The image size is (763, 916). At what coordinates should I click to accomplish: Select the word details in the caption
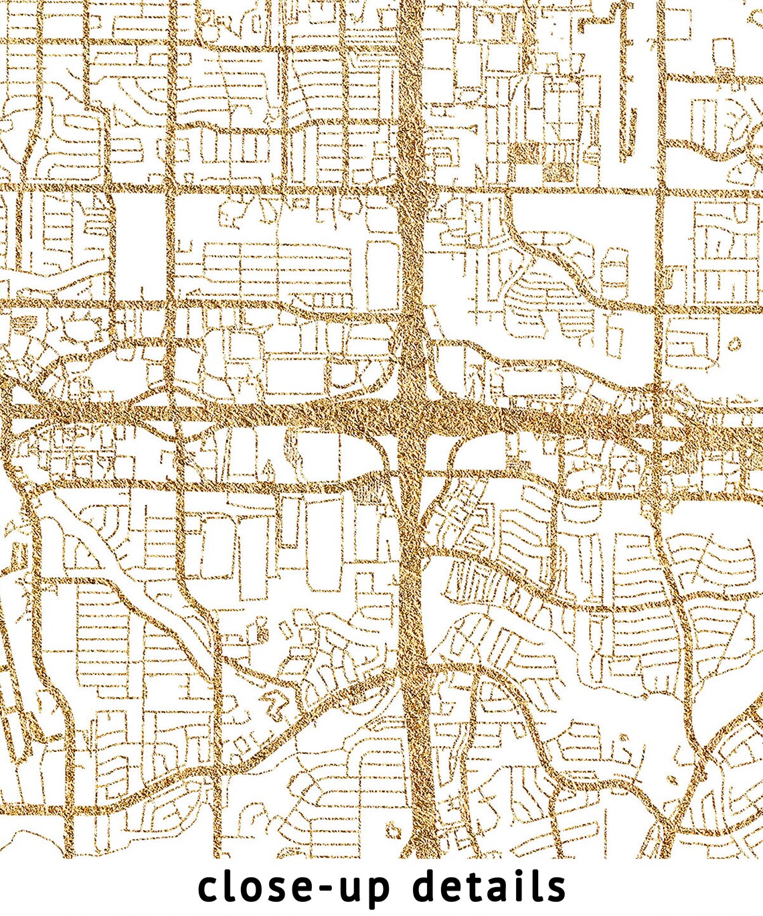489,887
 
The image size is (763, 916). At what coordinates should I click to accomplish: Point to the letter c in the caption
209,889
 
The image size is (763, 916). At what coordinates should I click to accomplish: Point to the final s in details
555,889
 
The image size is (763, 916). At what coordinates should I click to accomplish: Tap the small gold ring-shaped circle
734,344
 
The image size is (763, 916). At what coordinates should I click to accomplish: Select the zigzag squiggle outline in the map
274,703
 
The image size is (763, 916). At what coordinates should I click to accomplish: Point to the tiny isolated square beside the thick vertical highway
392,831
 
